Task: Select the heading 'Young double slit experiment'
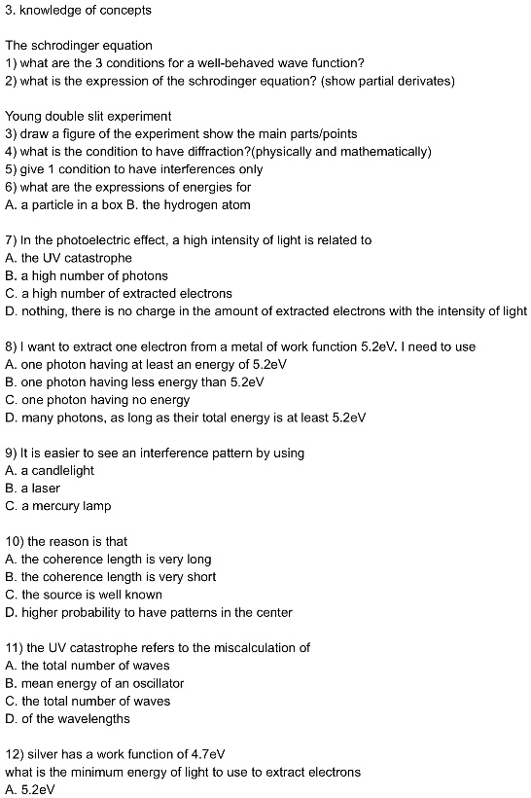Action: pyautogui.click(x=88, y=117)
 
